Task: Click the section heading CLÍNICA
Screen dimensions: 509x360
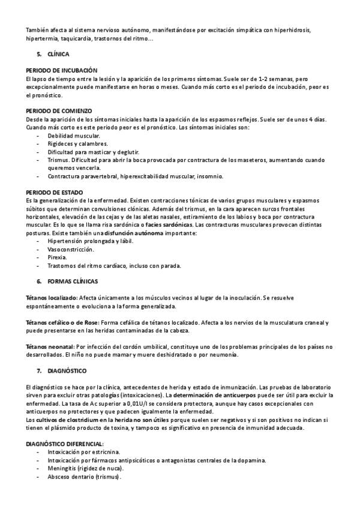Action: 58,54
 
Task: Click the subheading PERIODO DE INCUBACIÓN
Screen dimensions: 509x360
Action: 62,70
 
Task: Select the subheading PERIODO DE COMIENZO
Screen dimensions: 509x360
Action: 59,111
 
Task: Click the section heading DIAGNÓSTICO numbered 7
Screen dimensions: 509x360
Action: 67,371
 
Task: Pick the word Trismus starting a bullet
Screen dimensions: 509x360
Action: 58,160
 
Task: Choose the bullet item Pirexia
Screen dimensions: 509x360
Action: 58,257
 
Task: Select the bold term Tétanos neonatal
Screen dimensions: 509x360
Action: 49,346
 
